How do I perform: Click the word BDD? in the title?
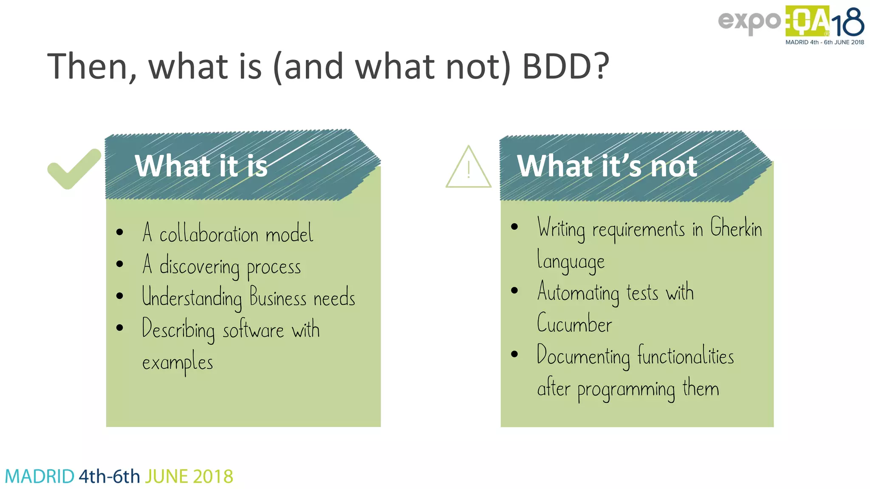[565, 67]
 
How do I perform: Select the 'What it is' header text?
[201, 166]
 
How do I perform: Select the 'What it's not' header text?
[607, 166]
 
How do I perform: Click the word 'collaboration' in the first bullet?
[209, 234]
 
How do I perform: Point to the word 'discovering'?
[199, 267]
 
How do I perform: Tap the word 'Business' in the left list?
[278, 297]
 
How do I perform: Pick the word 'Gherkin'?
[736, 228]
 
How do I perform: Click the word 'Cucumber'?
[574, 324]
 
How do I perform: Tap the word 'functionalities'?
[685, 356]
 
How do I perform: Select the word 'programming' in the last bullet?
[626, 390]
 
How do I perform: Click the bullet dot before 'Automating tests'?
[514, 291]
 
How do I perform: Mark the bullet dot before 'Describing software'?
[120, 328]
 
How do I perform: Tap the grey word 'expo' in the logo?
[749, 21]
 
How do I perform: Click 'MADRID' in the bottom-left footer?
[40, 477]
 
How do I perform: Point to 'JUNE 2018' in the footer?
[189, 477]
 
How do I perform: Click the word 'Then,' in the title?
[92, 67]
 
